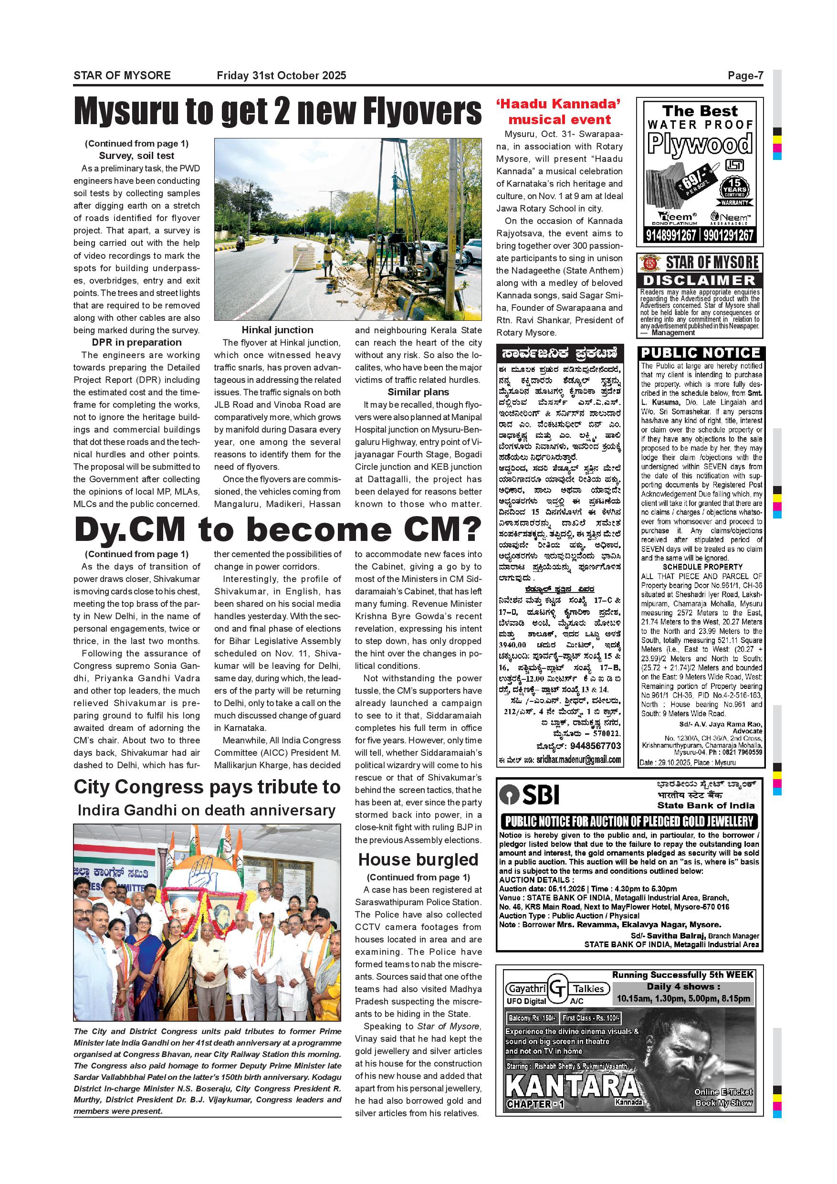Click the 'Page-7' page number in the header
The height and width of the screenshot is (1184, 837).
[x=745, y=76]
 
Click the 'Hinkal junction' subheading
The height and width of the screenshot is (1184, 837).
[x=277, y=330]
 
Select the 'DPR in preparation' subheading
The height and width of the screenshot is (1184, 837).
[x=136, y=342]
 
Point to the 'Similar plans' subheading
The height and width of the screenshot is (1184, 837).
[x=418, y=392]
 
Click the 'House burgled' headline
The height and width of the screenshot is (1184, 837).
[x=418, y=860]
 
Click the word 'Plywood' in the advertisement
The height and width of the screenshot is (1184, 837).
[x=700, y=143]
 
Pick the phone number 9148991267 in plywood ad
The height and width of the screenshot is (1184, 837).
[x=670, y=236]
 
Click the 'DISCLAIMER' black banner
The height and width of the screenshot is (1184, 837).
[x=700, y=281]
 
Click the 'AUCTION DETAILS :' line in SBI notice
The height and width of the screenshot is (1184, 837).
[x=536, y=880]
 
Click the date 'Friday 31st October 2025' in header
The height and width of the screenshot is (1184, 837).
[x=282, y=76]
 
